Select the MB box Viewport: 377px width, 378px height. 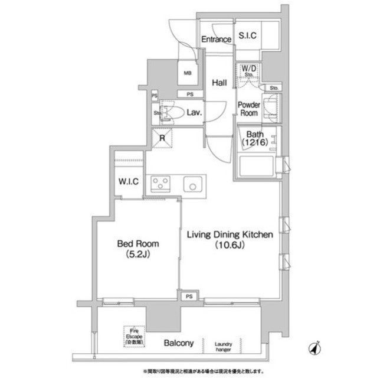[x=187, y=74]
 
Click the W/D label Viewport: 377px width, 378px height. [x=249, y=69]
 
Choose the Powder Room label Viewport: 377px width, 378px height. [x=248, y=109]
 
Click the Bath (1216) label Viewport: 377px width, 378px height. [x=253, y=139]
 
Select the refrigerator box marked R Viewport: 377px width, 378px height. [x=163, y=139]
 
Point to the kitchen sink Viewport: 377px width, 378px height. [x=192, y=185]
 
